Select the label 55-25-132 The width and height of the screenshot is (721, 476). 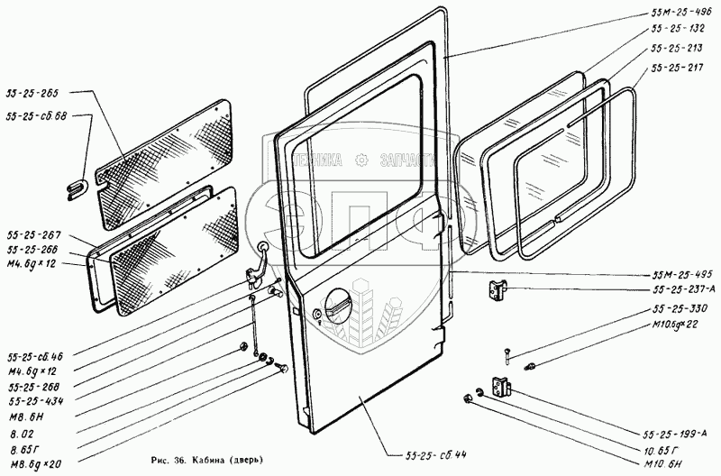point(677,29)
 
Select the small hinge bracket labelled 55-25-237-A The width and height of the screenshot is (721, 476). point(497,290)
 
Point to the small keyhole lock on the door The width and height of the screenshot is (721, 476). point(317,314)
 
